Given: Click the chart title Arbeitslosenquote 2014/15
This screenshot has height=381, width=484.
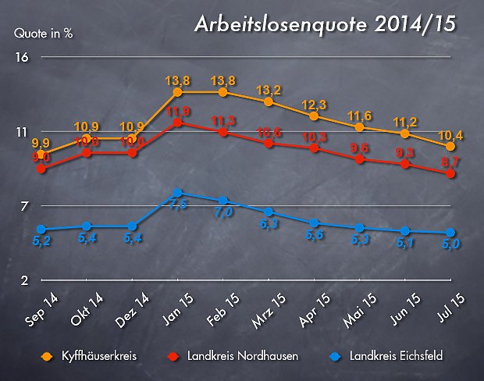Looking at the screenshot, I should pos(324,25).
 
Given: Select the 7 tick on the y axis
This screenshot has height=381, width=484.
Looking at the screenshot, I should pos(24,206).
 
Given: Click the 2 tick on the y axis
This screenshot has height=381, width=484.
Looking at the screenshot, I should pos(24,280).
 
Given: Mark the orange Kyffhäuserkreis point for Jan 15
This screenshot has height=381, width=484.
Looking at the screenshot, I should pos(178,92).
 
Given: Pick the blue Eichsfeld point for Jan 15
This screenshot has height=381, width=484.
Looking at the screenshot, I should pos(178,193).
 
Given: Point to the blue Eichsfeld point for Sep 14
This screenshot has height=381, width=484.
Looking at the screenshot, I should pos(41,230).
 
